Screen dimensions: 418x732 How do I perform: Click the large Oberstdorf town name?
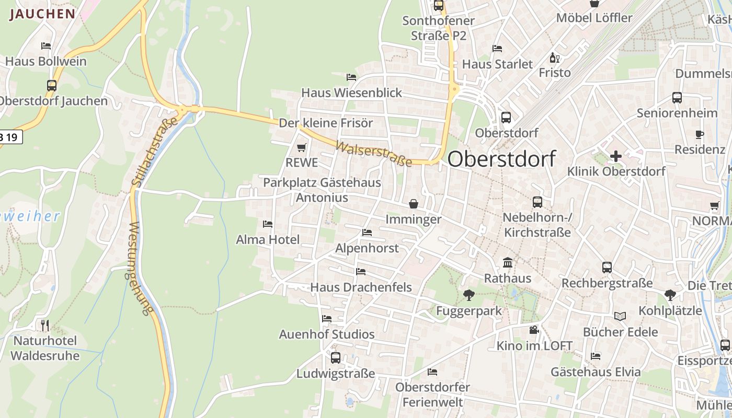tap(501, 159)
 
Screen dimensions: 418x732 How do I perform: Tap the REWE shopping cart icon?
tap(301, 148)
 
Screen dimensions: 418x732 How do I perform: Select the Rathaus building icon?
tap(507, 262)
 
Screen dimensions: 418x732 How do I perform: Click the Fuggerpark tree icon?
tap(468, 295)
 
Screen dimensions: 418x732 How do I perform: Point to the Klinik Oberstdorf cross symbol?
tap(616, 156)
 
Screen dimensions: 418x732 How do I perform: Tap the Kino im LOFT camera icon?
tap(534, 330)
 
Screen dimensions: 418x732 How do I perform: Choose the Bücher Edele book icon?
tap(620, 316)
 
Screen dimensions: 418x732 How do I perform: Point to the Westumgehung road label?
tap(139, 269)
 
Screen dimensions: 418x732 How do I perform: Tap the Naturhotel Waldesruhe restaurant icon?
tap(45, 325)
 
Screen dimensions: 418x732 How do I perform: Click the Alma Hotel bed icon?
tap(268, 224)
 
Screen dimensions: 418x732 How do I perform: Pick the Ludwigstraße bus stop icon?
tap(336, 358)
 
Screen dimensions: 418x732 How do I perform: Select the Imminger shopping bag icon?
tap(413, 203)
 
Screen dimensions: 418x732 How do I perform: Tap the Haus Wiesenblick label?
tap(351, 93)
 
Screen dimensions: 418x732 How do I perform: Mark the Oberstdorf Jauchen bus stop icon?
tap(51, 86)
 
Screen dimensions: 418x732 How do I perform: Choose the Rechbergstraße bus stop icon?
tap(607, 268)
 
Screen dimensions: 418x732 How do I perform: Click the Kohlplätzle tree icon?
tap(670, 295)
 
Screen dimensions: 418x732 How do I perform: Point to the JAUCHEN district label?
tap(42, 14)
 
